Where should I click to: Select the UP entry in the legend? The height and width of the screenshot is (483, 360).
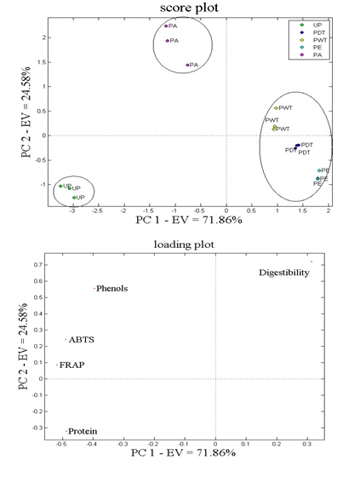coord(316,26)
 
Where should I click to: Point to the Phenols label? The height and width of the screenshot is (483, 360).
coord(112,289)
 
